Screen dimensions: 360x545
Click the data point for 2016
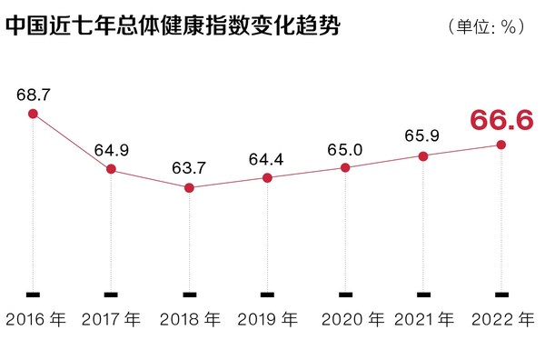tap(33, 114)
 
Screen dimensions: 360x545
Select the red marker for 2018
tap(189, 188)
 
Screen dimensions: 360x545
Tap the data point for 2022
tap(502, 145)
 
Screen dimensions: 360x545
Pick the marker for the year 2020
tap(345, 168)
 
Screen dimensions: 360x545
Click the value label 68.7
tap(32, 95)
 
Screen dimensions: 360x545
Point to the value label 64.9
tap(111, 150)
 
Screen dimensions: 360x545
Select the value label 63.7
tap(189, 169)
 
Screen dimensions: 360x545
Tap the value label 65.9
tap(423, 136)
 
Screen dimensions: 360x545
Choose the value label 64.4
tap(267, 159)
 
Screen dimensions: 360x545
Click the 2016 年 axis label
tap(33, 319)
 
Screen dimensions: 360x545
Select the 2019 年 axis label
tap(267, 319)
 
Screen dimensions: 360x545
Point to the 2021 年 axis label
tap(423, 319)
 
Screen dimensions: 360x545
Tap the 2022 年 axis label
tap(502, 319)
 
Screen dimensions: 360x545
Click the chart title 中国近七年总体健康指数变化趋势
tap(173, 25)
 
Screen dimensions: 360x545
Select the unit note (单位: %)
tap(487, 27)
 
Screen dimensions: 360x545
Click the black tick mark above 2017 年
tap(111, 294)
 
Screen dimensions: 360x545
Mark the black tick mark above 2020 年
tap(345, 294)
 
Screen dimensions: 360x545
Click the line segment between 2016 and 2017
tap(72, 142)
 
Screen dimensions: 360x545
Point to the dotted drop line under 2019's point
tap(267, 236)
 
